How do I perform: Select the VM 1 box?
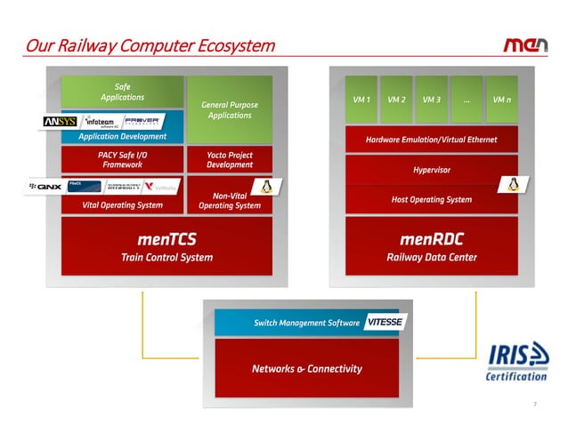(x=362, y=99)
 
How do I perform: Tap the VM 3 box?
(x=431, y=99)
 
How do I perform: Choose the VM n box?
(x=501, y=99)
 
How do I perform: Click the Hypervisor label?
(x=431, y=169)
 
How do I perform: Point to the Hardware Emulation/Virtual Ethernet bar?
(x=431, y=140)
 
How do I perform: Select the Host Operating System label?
(x=431, y=199)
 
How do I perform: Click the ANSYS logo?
(x=59, y=120)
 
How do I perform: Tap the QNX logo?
(x=45, y=187)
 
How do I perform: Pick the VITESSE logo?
(x=385, y=323)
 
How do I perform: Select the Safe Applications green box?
(x=122, y=92)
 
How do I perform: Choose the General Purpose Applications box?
(x=230, y=109)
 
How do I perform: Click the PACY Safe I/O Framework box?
(x=122, y=160)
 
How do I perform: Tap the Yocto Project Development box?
(x=230, y=160)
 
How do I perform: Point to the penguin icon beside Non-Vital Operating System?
(x=264, y=186)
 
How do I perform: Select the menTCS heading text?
(x=166, y=239)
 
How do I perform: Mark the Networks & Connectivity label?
(x=306, y=368)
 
